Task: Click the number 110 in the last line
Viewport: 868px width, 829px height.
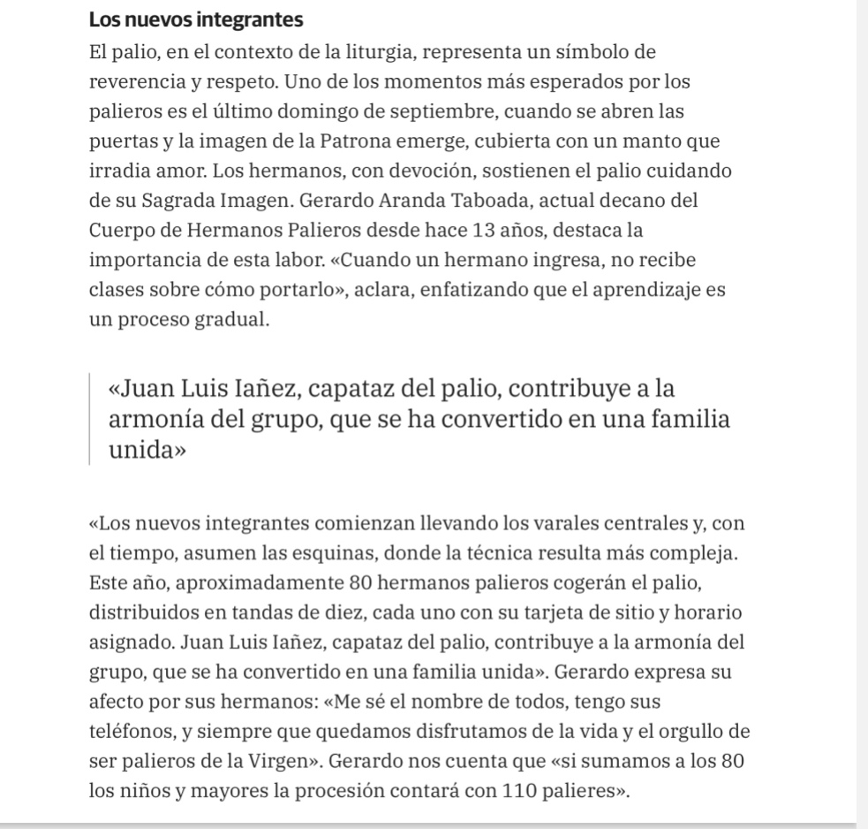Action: [x=517, y=792]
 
